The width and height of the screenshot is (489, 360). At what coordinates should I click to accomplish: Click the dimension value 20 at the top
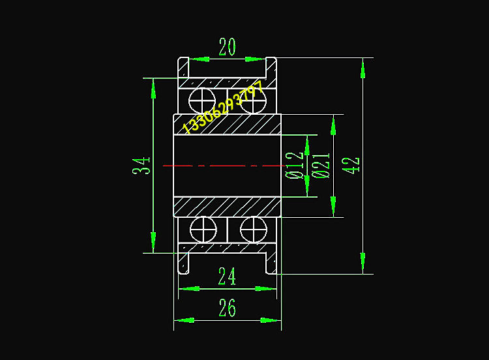(227, 47)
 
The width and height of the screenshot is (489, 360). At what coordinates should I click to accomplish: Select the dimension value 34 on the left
(142, 165)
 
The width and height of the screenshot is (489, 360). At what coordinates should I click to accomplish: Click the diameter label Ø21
(320, 165)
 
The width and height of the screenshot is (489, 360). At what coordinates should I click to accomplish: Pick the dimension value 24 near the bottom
(227, 277)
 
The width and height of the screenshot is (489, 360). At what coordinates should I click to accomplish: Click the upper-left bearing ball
(202, 101)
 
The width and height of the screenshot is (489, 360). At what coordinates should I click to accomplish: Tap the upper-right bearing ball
(253, 101)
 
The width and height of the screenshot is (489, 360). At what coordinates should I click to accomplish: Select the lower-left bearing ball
(202, 230)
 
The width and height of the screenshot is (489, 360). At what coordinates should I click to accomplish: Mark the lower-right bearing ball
(253, 230)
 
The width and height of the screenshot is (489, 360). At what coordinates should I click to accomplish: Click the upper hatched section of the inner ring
(227, 125)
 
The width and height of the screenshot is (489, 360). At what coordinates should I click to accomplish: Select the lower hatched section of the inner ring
(227, 206)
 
